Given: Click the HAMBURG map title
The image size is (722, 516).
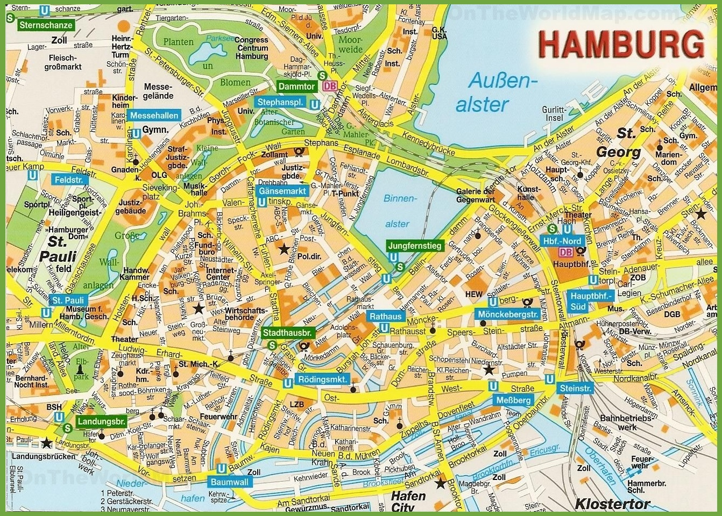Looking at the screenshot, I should click(x=621, y=44).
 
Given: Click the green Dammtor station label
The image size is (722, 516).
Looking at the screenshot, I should click(x=296, y=86).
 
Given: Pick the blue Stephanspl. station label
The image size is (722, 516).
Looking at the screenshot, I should click(x=280, y=102).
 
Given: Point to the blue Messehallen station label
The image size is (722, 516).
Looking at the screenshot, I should click(x=154, y=116).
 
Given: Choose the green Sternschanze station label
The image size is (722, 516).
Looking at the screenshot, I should click(x=46, y=25).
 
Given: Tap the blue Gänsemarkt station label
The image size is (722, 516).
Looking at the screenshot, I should click(x=282, y=191).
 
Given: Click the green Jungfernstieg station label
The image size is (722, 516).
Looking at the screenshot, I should click(x=414, y=246).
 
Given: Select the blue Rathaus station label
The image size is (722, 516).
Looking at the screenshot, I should click(x=386, y=317).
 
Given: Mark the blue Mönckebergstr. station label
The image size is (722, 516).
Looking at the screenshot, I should click(x=507, y=314).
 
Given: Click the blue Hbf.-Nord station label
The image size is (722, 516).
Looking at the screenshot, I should click(x=562, y=241).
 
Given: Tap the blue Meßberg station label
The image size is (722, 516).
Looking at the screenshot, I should click(x=513, y=400).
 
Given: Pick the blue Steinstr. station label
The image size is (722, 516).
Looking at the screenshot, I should click(x=575, y=388).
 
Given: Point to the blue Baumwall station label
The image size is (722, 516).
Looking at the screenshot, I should click(x=230, y=482).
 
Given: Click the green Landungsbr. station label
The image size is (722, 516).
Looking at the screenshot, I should click(x=101, y=421).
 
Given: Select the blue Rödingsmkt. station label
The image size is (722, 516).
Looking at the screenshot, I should click(x=323, y=379).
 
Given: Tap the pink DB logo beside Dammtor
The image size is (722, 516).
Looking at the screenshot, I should click(x=329, y=86).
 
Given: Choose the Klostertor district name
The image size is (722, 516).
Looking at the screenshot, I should click(x=612, y=504).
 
